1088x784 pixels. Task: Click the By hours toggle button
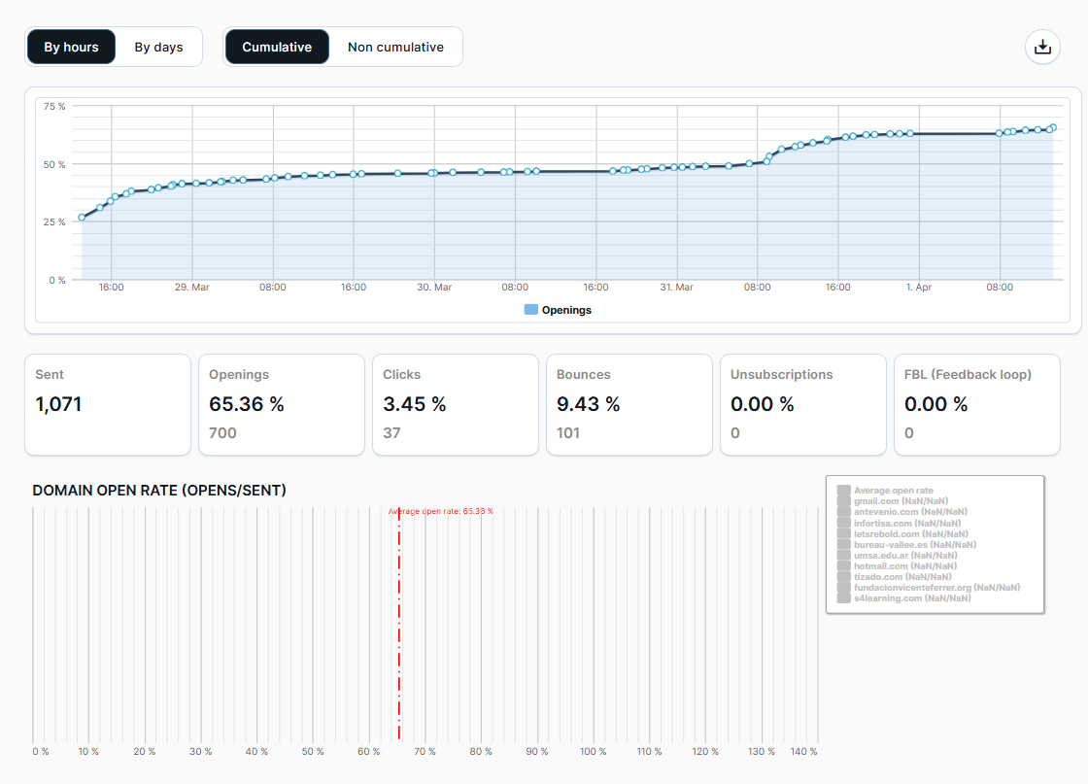click(72, 47)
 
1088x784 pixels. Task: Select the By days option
click(158, 47)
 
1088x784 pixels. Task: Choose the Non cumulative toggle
click(395, 47)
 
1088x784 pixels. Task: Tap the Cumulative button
click(277, 47)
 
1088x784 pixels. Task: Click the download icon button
click(1042, 47)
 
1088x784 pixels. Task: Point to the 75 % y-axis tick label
click(54, 106)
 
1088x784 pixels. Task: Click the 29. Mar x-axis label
click(191, 288)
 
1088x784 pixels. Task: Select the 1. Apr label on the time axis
click(918, 288)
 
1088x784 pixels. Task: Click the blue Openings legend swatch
click(530, 310)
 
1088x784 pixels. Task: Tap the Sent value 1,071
click(58, 404)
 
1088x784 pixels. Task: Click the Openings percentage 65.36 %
click(247, 404)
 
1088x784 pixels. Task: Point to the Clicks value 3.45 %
click(414, 404)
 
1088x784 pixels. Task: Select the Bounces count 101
click(568, 433)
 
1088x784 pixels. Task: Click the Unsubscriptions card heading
click(781, 374)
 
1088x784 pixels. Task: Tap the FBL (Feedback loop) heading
click(968, 374)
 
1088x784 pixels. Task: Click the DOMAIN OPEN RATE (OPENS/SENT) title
click(159, 491)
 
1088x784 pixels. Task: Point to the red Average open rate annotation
click(440, 511)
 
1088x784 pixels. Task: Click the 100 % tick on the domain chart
click(593, 752)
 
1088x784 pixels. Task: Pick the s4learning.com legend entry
click(911, 598)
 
